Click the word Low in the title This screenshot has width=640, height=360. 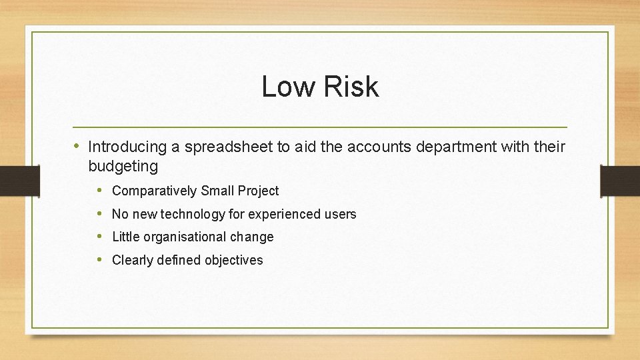point(285,87)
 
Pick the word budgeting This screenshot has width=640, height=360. point(123,167)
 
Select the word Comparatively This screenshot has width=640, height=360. point(154,191)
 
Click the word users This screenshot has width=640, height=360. point(341,214)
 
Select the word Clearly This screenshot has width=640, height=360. point(132,260)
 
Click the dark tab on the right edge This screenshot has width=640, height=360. point(620,181)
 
